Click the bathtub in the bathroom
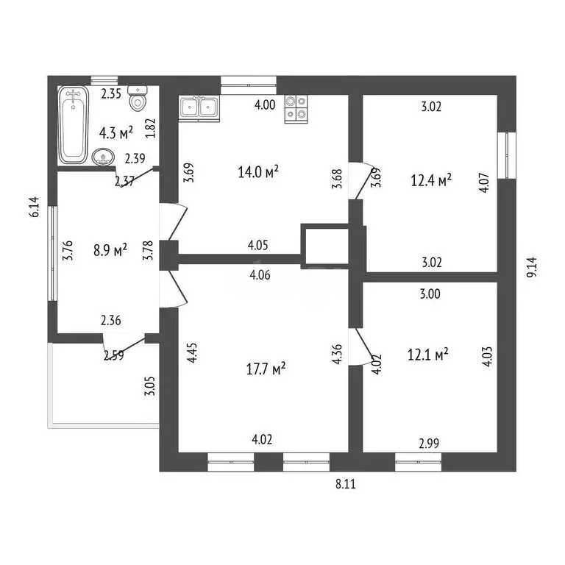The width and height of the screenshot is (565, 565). (x=73, y=124)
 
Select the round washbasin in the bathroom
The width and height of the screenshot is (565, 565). (x=104, y=157)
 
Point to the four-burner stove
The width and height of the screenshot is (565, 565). (x=296, y=109)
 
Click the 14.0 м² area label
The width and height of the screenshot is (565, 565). (x=258, y=172)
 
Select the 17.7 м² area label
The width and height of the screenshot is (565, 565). (x=266, y=369)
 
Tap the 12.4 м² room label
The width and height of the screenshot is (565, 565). (x=431, y=180)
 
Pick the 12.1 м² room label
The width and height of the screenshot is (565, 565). (x=427, y=354)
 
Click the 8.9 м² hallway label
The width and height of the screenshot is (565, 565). (x=110, y=249)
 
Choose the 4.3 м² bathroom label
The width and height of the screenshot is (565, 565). (x=116, y=132)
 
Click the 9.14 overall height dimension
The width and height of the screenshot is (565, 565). (x=531, y=267)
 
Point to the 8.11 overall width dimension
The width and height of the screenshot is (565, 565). (x=346, y=483)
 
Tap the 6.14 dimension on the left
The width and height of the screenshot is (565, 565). (x=35, y=207)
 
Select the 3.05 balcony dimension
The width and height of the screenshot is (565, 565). (x=150, y=386)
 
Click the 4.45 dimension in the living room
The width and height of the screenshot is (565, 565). (x=192, y=352)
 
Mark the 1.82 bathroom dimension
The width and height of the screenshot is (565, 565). (x=150, y=128)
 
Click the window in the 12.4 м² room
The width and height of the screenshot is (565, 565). (x=507, y=155)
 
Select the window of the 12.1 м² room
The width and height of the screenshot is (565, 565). (x=418, y=462)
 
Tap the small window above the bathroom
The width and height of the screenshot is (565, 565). (x=104, y=81)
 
